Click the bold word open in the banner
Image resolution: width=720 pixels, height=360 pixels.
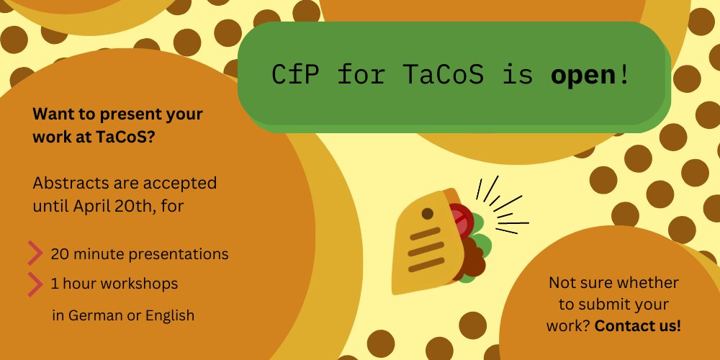582,76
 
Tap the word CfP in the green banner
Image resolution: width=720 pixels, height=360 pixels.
294,75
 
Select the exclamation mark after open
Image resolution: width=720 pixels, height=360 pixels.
624,75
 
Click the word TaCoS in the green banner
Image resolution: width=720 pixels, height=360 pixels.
444,75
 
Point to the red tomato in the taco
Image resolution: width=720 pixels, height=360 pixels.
461,220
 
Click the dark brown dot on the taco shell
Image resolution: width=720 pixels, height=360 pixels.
428,214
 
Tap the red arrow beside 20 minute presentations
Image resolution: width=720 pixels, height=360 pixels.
35,253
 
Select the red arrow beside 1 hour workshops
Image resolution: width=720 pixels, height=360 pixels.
35,284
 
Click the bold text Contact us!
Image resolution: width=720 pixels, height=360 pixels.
638,326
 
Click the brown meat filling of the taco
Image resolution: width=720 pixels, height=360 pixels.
469,259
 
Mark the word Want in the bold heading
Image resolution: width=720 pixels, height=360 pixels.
50,114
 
